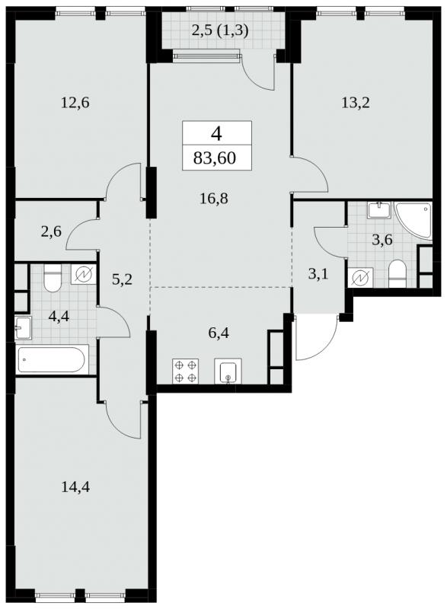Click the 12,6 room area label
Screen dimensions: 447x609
click(x=75, y=103)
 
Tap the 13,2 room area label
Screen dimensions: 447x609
click(x=356, y=103)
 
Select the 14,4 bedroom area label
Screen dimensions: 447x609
click(x=75, y=486)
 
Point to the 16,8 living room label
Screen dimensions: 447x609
click(x=213, y=199)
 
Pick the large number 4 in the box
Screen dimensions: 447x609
click(x=216, y=135)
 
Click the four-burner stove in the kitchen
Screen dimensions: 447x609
click(x=185, y=371)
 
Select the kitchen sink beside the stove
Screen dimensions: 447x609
click(x=228, y=371)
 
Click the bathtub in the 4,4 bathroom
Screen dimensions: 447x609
click(x=52, y=359)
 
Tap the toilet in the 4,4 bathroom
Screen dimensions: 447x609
click(x=53, y=278)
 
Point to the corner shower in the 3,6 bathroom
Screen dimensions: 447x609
click(x=413, y=219)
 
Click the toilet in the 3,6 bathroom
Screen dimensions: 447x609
click(x=398, y=274)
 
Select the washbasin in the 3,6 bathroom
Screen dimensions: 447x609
click(x=379, y=210)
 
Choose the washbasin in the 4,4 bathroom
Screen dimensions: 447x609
click(x=23, y=327)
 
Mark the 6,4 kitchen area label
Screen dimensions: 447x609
click(x=219, y=333)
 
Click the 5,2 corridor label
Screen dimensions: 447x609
click(x=122, y=279)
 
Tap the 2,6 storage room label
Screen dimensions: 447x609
click(x=51, y=232)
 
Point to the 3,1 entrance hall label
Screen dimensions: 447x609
click(x=318, y=275)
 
